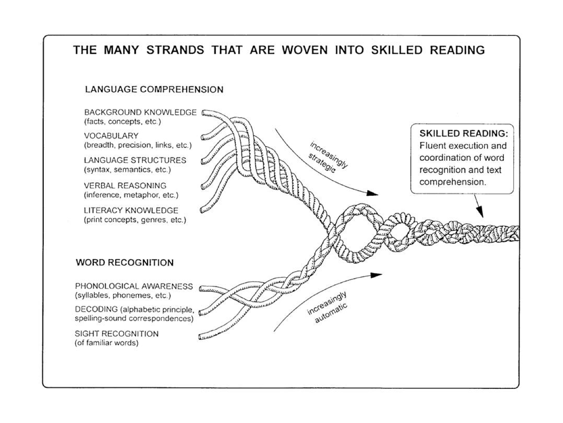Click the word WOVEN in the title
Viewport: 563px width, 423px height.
(304, 50)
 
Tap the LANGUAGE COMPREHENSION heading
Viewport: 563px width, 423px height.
(154, 89)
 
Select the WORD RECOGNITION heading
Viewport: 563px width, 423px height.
(124, 263)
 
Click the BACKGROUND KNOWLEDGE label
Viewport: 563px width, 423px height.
(140, 112)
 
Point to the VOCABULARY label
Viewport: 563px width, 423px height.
(111, 136)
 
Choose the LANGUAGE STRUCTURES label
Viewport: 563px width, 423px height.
(135, 160)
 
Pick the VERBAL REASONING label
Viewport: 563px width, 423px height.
(125, 185)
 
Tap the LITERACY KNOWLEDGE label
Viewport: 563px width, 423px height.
(131, 210)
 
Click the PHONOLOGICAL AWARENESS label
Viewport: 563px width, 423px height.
(134, 286)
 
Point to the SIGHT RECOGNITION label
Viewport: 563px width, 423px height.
(116, 334)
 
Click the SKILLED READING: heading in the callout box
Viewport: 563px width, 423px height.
(463, 134)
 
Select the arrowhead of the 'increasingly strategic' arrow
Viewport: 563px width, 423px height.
(372, 193)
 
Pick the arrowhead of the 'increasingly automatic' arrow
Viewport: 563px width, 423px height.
(376, 275)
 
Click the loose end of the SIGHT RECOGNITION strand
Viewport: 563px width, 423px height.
(201, 336)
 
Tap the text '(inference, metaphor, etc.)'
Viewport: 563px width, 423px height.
(131, 195)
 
